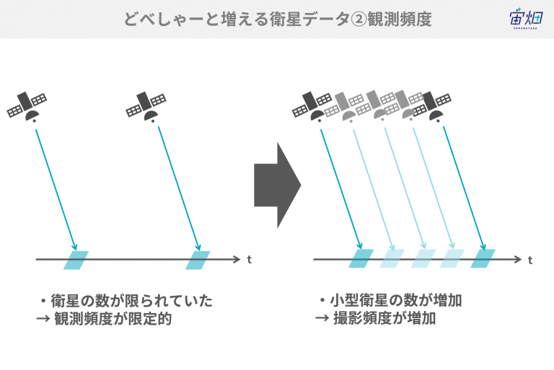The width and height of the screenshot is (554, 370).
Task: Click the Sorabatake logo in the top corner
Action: (x=525, y=18)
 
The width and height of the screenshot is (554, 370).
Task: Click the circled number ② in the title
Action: (x=359, y=19)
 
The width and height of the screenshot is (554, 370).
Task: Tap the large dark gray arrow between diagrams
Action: (x=277, y=185)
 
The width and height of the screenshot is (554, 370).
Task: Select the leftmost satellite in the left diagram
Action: (x=27, y=107)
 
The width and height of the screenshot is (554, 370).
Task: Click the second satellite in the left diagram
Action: (x=146, y=107)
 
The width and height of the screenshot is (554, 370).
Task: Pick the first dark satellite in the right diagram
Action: (x=312, y=107)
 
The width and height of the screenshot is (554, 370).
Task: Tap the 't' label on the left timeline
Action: (x=250, y=260)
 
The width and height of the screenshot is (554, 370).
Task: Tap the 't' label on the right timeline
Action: (x=530, y=260)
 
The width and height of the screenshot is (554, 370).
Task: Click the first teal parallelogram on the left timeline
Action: (x=76, y=261)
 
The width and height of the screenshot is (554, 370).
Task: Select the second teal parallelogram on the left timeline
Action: (x=198, y=261)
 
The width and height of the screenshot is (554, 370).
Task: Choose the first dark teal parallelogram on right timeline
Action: (x=361, y=258)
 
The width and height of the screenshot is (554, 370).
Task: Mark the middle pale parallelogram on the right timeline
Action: (x=423, y=258)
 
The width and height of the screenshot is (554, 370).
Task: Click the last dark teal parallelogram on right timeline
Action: (x=483, y=258)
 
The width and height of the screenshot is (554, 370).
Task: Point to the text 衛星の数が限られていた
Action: (x=132, y=301)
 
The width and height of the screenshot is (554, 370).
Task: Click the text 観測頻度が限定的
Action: (x=113, y=319)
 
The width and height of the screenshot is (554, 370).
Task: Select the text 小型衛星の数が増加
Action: (x=396, y=300)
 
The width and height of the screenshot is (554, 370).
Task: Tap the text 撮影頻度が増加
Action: (x=384, y=318)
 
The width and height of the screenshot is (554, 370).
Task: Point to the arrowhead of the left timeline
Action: (x=237, y=260)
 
